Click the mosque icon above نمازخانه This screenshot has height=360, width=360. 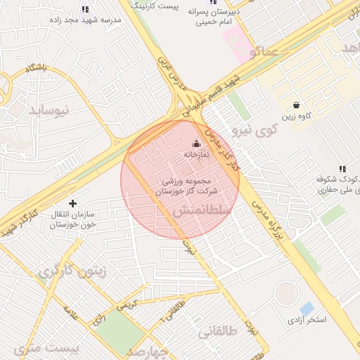point(196,144)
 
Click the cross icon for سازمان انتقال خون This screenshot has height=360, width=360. point(73,203)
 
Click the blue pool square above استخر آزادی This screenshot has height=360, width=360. point(307,309)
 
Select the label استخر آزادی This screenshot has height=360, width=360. point(307,321)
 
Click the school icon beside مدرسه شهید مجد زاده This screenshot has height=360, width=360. point(85,10)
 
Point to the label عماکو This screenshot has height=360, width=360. point(262,51)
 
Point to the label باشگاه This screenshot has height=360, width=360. point(36,68)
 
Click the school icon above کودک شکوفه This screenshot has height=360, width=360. point(342,169)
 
